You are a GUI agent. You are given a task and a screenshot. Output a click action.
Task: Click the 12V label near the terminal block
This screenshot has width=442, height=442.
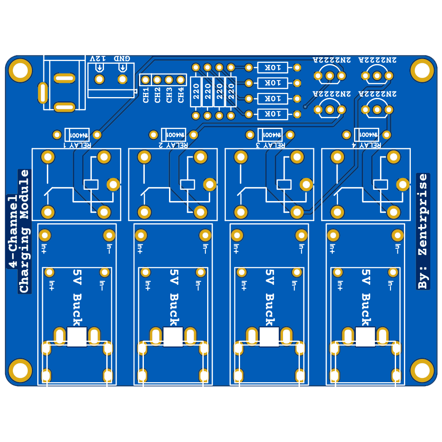coord(97,58)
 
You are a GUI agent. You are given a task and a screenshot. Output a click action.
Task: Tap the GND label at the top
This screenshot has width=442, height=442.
coord(122,58)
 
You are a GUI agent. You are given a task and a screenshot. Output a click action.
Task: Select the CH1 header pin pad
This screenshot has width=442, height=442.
coord(146,80)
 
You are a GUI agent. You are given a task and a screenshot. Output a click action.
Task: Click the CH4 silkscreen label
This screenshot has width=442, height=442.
coord(181,95)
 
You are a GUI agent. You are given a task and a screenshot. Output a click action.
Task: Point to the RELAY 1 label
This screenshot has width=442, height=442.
coord(78,145)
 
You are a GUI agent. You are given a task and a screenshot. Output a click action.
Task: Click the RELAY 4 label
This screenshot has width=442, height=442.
coord(367,145)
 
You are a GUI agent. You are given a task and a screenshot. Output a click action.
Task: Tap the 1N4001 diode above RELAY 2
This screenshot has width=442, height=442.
coord(173,134)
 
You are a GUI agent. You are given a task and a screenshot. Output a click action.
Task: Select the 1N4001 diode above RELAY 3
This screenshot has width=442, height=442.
coord(270,134)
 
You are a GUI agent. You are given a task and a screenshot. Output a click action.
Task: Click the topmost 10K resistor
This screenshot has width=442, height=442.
coord(273,68)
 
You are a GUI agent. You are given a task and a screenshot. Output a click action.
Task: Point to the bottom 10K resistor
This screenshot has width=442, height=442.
coord(273,114)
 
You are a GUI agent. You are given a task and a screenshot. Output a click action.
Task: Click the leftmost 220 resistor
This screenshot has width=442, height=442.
coord(196,91)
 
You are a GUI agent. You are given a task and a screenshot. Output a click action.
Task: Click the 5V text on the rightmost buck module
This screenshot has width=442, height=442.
coord(365,277)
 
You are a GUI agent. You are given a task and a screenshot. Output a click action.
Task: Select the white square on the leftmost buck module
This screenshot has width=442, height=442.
coord(77,337)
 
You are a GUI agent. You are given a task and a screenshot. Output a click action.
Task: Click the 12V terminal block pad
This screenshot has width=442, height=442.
coord(100,79)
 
